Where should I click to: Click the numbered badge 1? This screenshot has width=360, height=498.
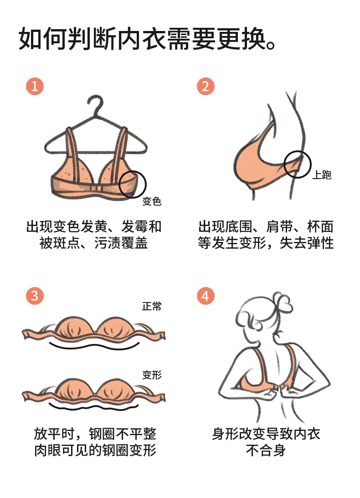coord(35,86)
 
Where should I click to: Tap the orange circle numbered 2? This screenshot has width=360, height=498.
coord(206,86)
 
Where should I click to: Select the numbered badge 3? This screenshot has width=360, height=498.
coord(35,296)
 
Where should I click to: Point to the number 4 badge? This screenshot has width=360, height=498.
coord(206,296)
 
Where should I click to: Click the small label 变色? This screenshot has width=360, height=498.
coord(152,201)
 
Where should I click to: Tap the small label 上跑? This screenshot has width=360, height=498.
coord(322,175)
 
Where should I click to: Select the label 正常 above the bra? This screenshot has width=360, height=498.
coord(152,306)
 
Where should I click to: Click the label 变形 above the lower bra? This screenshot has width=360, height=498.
coord(152,375)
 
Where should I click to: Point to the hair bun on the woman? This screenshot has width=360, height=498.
coord(283,301)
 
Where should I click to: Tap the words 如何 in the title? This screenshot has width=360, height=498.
coord(43,39)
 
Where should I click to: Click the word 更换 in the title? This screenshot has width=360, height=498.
coord(241,39)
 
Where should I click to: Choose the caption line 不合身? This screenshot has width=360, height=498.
coord(266,450)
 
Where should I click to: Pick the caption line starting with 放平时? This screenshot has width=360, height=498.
coord(95,433)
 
